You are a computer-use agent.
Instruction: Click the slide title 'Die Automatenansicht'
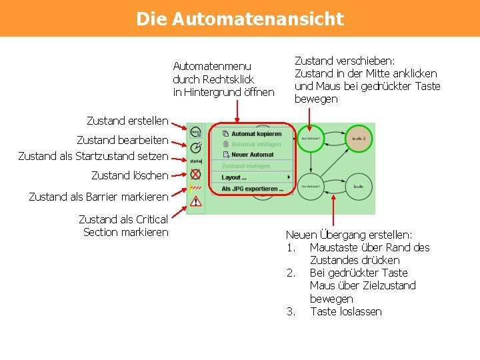click(240, 19)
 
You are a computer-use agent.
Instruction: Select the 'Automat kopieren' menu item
click(256, 134)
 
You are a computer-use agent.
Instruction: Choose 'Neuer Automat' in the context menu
click(252, 155)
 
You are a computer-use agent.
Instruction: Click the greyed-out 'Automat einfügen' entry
click(256, 144)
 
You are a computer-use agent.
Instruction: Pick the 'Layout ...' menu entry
click(235, 177)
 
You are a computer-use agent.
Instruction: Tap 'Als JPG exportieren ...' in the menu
click(252, 189)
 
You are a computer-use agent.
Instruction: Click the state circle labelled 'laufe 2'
click(359, 139)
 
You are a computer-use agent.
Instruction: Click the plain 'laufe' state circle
click(359, 187)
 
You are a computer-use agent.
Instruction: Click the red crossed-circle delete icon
click(195, 175)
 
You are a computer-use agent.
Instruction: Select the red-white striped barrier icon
click(195, 188)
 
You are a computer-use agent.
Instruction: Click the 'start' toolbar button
click(195, 161)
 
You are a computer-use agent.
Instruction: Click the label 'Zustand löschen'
click(129, 175)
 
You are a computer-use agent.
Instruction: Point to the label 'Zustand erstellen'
click(127, 121)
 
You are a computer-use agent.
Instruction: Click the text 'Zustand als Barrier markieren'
click(99, 197)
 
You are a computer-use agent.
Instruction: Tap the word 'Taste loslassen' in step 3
click(345, 311)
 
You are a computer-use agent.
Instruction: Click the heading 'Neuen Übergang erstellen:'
click(349, 235)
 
